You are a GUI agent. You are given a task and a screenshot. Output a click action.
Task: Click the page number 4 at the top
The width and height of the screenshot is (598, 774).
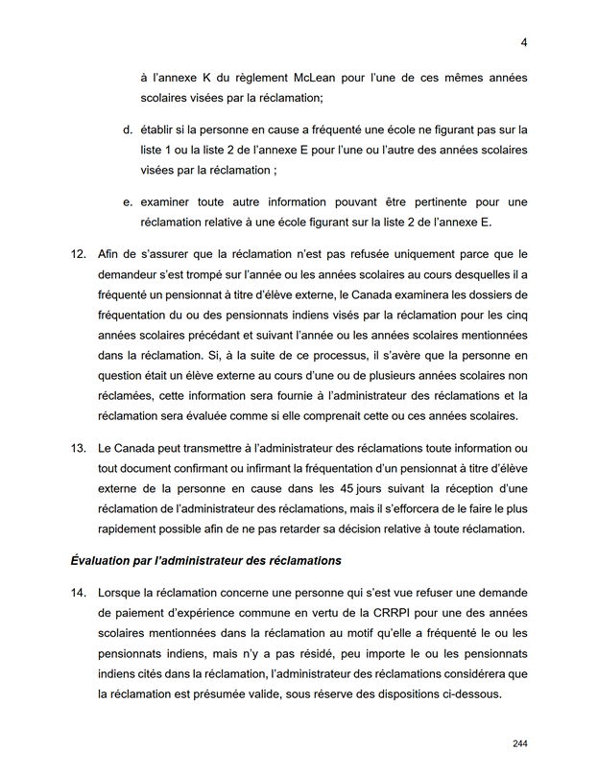524,42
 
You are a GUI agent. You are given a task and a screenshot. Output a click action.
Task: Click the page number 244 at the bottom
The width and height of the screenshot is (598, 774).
520,744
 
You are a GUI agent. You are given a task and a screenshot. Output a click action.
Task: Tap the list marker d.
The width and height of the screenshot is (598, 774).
127,129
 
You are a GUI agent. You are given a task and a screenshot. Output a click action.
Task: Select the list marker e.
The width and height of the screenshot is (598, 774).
127,202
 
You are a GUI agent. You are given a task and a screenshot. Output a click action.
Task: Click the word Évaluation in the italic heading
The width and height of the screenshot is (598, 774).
103,559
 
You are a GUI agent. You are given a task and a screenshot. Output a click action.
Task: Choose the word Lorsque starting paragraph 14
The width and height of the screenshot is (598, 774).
124,593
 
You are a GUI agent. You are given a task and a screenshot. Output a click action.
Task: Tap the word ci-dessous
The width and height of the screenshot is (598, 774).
470,694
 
